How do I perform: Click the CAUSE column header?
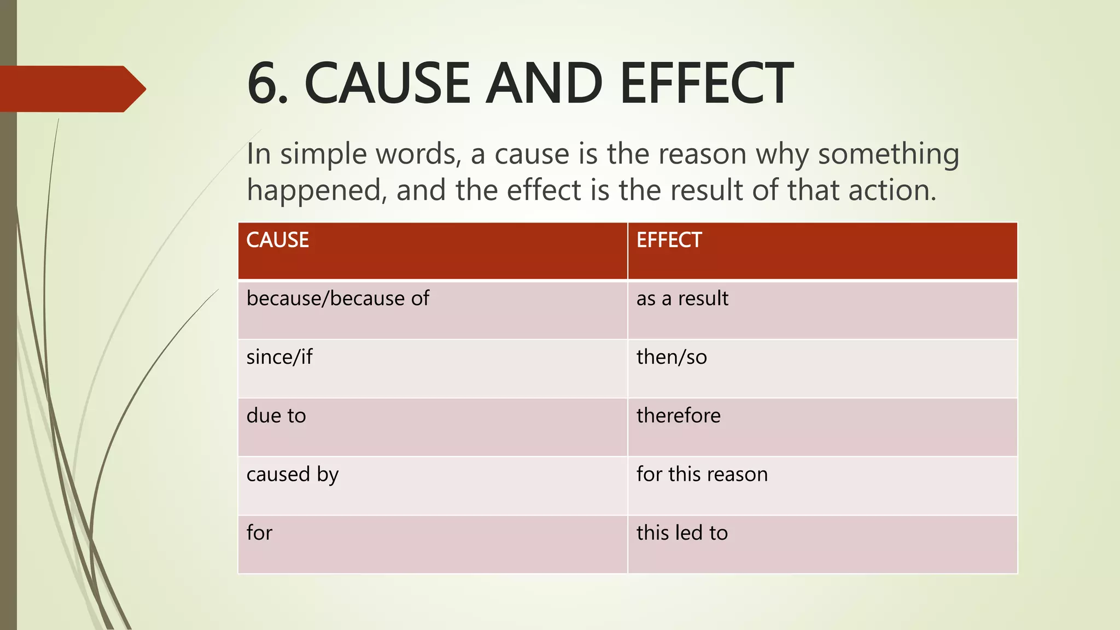(277, 241)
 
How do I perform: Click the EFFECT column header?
(669, 241)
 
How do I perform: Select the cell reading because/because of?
(337, 299)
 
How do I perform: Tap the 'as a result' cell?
(682, 299)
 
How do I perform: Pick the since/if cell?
(279, 357)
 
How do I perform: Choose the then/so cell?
(672, 357)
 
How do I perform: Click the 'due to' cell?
(276, 416)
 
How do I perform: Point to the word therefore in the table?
(678, 416)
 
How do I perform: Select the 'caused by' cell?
(293, 475)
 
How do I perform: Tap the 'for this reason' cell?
(702, 474)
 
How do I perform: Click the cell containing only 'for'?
(259, 533)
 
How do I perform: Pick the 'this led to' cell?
(682, 533)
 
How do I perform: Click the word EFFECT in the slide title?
(706, 84)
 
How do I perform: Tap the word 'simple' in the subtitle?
(323, 154)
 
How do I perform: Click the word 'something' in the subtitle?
(888, 154)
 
